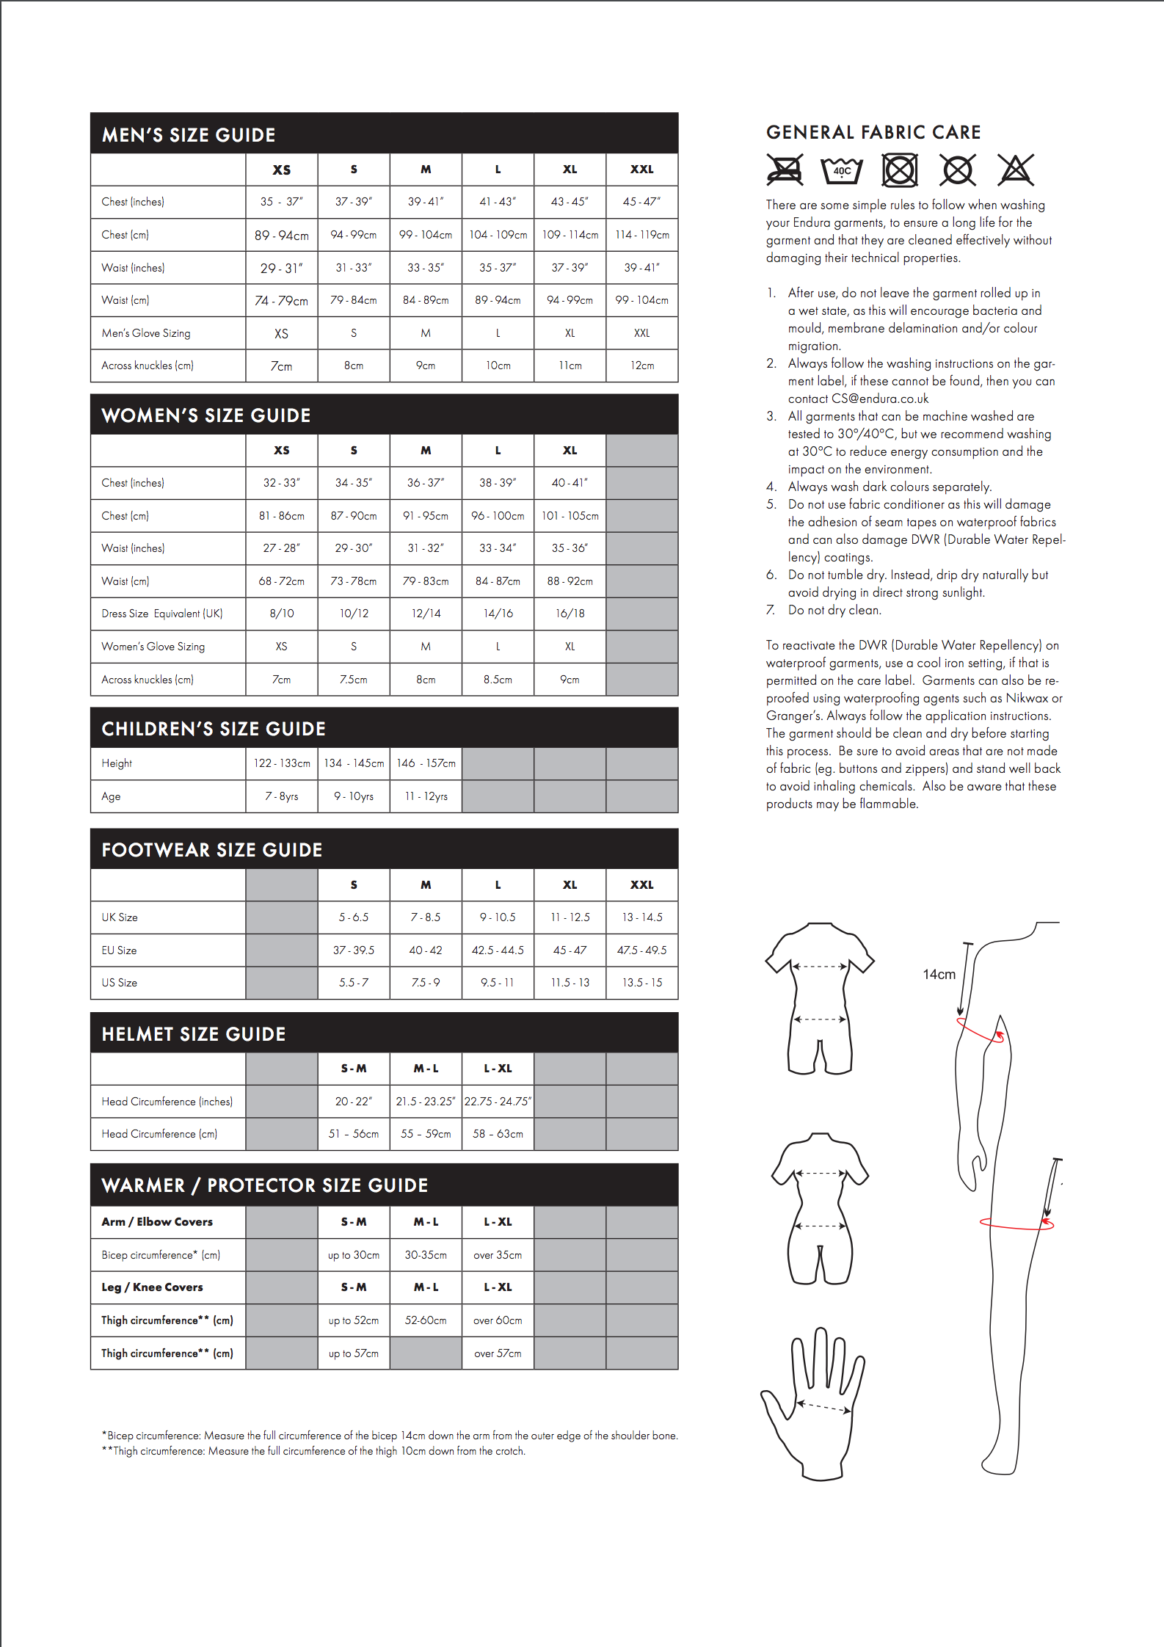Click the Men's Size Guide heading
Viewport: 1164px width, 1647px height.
pos(189,135)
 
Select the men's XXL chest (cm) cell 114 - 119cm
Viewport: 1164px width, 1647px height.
pos(642,235)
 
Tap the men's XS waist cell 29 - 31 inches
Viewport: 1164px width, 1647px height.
pos(281,268)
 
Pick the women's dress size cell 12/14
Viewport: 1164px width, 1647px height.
pos(426,614)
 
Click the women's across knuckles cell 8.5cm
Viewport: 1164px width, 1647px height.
pos(498,680)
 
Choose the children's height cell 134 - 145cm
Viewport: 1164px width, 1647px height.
pos(354,763)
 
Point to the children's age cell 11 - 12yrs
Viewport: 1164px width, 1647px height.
pos(426,796)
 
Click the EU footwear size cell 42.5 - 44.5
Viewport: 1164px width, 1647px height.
pos(498,950)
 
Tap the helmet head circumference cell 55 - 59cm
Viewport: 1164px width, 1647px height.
pos(426,1134)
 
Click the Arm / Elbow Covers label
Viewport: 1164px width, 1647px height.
pos(157,1222)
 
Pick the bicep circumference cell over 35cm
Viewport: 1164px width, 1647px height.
pos(498,1255)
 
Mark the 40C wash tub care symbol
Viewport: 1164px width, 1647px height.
pos(842,170)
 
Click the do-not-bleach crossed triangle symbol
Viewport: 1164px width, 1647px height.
pos(1016,170)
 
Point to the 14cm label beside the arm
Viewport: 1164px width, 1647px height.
pos(939,975)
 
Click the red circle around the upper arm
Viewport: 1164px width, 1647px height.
pos(981,1030)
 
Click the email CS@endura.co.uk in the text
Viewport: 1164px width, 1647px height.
pos(880,399)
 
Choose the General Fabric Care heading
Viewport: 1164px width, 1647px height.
pos(873,132)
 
